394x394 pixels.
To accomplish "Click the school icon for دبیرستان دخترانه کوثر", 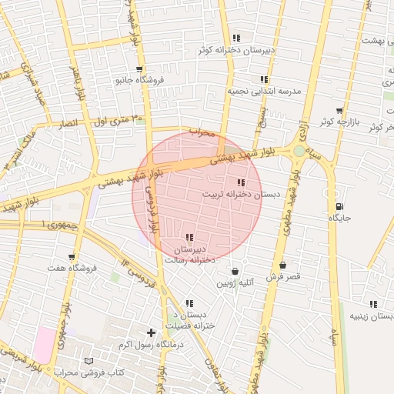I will (x=237, y=38).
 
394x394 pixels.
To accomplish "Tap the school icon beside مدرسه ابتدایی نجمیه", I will (x=264, y=79).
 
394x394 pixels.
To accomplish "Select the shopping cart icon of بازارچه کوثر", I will (x=339, y=110).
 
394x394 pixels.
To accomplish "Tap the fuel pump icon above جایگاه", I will (x=339, y=206).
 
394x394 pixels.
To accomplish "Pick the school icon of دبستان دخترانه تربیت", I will (x=241, y=182).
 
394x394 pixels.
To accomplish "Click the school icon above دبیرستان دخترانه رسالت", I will (x=189, y=238).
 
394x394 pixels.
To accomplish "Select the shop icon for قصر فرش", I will (x=283, y=265).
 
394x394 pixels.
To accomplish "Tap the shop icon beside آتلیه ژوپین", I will (x=235, y=271).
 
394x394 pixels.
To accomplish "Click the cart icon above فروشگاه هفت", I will (x=72, y=257).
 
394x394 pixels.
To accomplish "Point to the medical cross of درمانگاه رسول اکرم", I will (x=151, y=333).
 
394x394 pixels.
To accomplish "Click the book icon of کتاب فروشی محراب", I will (x=89, y=361).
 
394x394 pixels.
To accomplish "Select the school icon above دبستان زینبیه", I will (x=373, y=304).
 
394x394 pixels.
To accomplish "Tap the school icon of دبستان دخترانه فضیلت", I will (x=189, y=303).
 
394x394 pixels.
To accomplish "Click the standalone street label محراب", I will (x=199, y=132).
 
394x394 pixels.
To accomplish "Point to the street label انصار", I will (x=68, y=123).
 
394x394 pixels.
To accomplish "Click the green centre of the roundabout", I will (x=299, y=152).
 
